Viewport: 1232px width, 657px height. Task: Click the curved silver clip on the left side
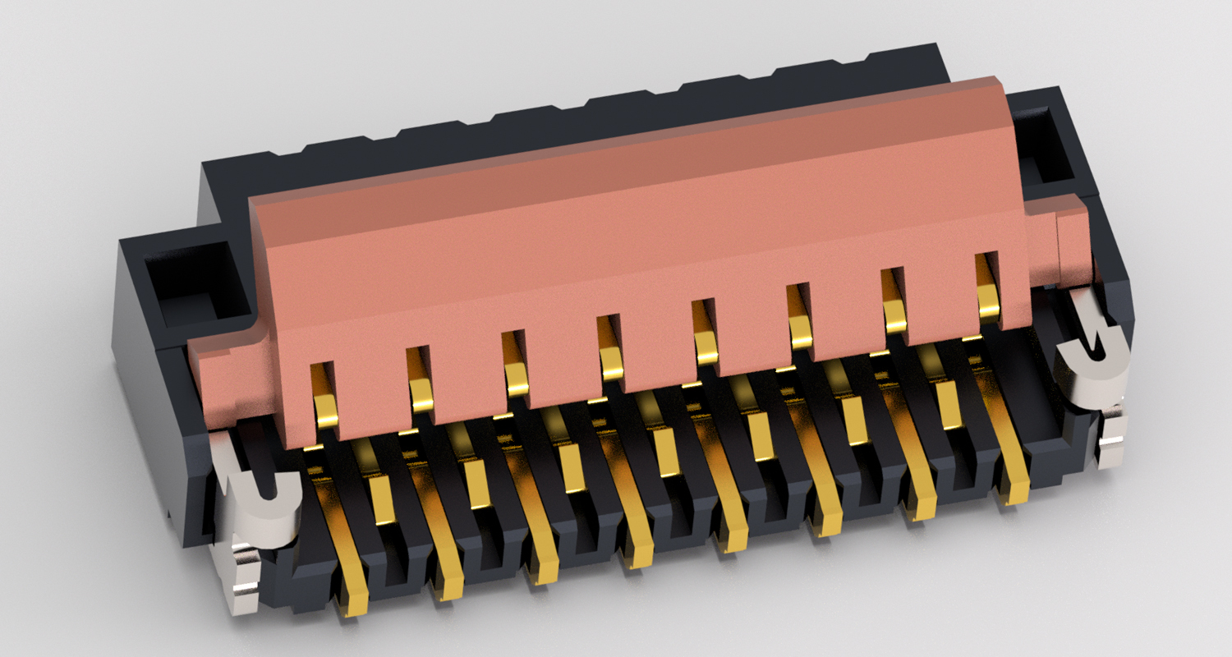point(261,509)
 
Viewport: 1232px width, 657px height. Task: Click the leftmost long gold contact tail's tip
point(355,604)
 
